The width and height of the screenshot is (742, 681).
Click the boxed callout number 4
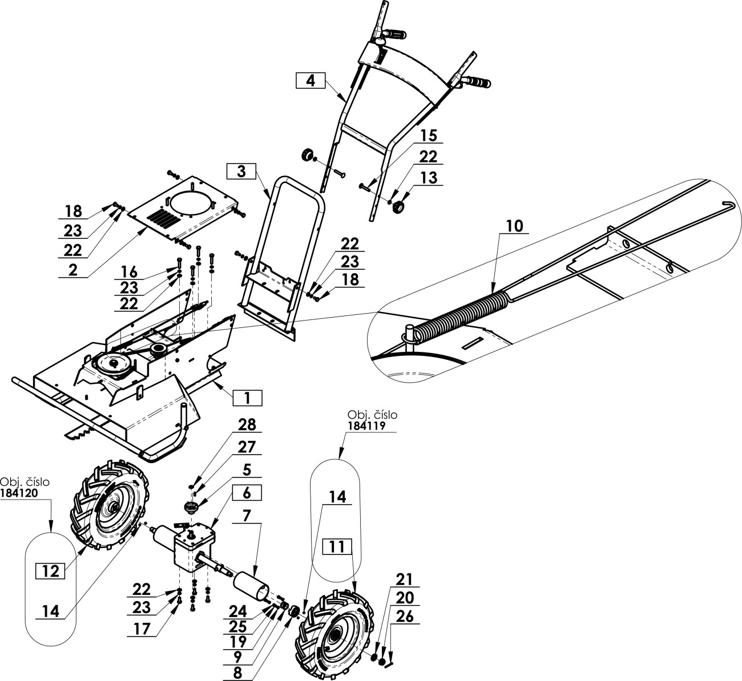point(310,80)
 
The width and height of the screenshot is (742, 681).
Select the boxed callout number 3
point(241,171)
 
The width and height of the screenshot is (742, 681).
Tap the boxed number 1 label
point(247,398)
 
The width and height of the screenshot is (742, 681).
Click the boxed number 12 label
point(51,571)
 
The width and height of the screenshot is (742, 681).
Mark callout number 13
point(428,177)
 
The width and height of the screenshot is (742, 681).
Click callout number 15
point(428,136)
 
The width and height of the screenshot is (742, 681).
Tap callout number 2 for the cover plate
point(72,270)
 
